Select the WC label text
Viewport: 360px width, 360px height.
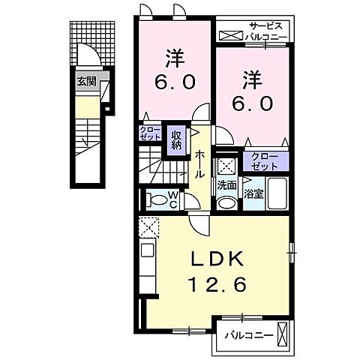click(173, 200)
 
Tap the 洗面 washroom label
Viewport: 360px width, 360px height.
click(227, 184)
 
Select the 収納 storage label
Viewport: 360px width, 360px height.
click(175, 139)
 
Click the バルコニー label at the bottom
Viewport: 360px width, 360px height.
click(247, 334)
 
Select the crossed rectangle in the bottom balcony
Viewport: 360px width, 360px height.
click(283, 332)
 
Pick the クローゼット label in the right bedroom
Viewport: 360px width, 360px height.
click(263, 160)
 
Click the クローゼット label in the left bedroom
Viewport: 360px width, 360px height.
click(148, 135)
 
